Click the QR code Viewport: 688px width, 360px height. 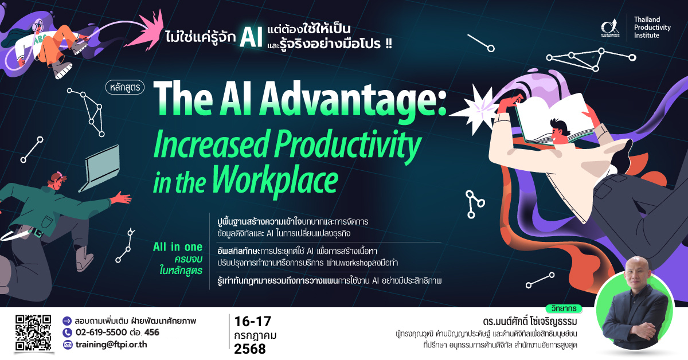click(x=33, y=332)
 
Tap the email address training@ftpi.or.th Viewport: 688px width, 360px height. click(x=111, y=345)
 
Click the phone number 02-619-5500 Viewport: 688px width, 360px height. click(x=101, y=332)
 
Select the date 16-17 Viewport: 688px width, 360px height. click(x=252, y=322)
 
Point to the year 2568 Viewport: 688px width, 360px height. click(x=250, y=349)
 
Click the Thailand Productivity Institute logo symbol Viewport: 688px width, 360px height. click(x=610, y=28)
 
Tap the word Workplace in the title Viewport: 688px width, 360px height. click(x=275, y=179)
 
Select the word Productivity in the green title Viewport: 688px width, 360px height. click(x=347, y=145)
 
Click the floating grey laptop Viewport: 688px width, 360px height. click(x=100, y=168)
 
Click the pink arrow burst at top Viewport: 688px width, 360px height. click(x=146, y=29)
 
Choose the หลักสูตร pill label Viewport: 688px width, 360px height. click(x=125, y=87)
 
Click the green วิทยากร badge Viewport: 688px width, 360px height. click(x=564, y=308)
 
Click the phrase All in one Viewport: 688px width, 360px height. click(x=178, y=247)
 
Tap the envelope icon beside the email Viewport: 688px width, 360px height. click(x=68, y=345)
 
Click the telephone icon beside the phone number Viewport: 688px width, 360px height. click(x=67, y=332)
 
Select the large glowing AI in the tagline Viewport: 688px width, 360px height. click(x=251, y=37)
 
